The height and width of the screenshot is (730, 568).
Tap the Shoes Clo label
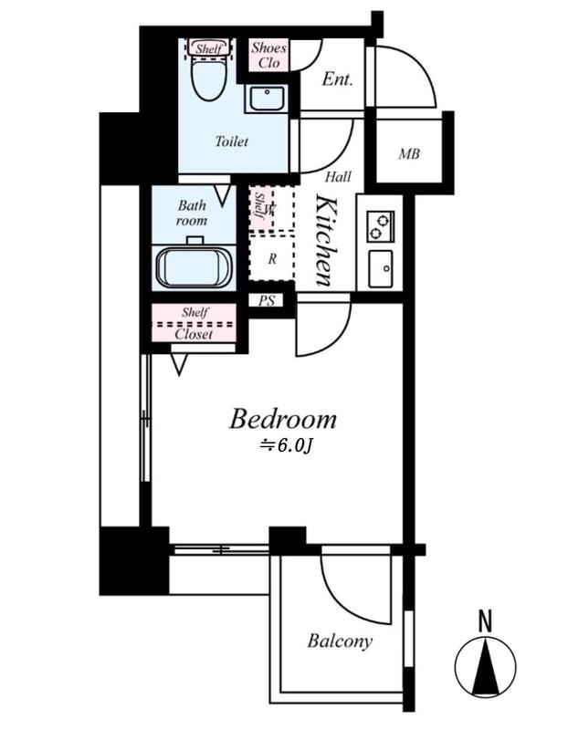pyautogui.click(x=268, y=55)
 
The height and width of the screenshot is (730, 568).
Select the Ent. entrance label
pyautogui.click(x=337, y=79)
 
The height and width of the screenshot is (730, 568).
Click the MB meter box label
pyautogui.click(x=408, y=153)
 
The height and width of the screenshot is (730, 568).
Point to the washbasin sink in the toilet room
pyautogui.click(x=266, y=99)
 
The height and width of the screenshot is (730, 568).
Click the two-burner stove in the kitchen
pyautogui.click(x=381, y=226)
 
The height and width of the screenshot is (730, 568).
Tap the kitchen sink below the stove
pyautogui.click(x=381, y=268)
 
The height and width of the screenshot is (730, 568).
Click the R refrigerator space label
pyautogui.click(x=272, y=259)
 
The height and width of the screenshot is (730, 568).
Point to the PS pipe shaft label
pyautogui.click(x=267, y=301)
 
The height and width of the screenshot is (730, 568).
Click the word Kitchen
pyautogui.click(x=325, y=241)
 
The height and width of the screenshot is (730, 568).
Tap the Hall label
pyautogui.click(x=338, y=177)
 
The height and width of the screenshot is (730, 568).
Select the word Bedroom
pyautogui.click(x=282, y=419)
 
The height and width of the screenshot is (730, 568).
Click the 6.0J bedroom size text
pyautogui.click(x=285, y=446)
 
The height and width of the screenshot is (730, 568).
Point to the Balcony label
pyautogui.click(x=340, y=641)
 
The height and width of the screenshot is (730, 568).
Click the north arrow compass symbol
pyautogui.click(x=486, y=666)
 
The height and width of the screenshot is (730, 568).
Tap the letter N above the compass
pyautogui.click(x=486, y=621)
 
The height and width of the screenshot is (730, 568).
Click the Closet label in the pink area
pyautogui.click(x=194, y=334)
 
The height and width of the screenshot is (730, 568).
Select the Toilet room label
pyautogui.click(x=232, y=141)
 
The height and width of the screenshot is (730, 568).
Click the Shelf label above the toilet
pyautogui.click(x=208, y=48)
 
